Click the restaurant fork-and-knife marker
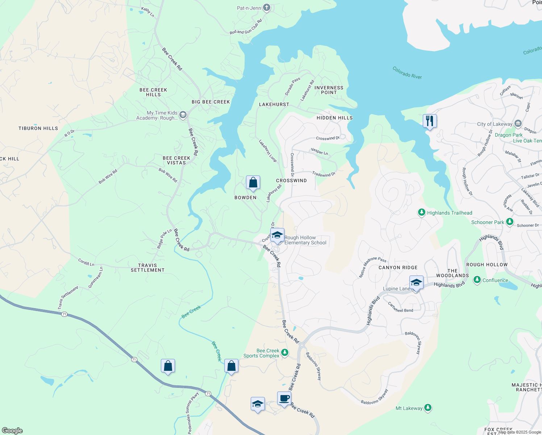430,121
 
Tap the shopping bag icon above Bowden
253,182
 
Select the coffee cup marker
284,398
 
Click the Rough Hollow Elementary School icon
277,235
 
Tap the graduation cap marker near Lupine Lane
416,283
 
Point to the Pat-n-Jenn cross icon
267,8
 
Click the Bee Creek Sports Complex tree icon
285,352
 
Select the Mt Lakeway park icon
428,408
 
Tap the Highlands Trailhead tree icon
421,212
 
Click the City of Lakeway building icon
518,124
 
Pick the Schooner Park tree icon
510,221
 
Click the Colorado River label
407,72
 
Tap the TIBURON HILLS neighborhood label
38,128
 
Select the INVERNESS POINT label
329,90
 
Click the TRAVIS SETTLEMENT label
147,268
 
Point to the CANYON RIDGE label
398,268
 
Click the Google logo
12,431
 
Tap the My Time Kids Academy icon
183,115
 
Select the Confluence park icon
477,280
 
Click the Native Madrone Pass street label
373,267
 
